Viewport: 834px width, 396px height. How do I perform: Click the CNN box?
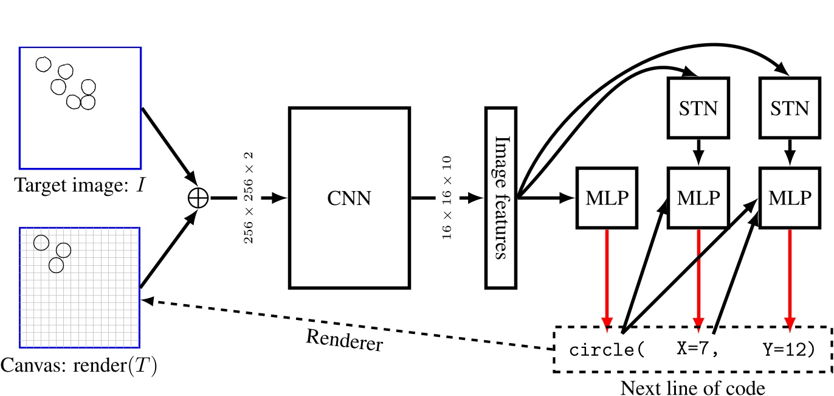pyautogui.click(x=350, y=198)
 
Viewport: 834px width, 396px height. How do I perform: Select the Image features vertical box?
pyautogui.click(x=500, y=198)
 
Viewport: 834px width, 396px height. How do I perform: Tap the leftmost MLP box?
pyautogui.click(x=606, y=198)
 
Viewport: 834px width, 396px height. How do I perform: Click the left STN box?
pyautogui.click(x=698, y=108)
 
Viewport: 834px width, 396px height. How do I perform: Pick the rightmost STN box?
pyautogui.click(x=790, y=108)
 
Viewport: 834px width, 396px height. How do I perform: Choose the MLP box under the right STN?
pyautogui.click(x=790, y=198)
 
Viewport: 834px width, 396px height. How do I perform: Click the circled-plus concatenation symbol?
pyautogui.click(x=198, y=198)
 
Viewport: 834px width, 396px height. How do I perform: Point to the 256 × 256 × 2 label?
pyautogui.click(x=249, y=198)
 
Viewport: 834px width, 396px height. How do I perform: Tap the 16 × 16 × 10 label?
pyautogui.click(x=447, y=198)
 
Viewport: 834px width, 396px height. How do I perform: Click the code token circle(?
pyautogui.click(x=605, y=351)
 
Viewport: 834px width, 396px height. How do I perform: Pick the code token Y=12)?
pyautogui.click(x=788, y=350)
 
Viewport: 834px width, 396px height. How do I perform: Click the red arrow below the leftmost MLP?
pyautogui.click(x=606, y=280)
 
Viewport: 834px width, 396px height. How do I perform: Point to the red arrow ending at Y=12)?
pyautogui.click(x=790, y=280)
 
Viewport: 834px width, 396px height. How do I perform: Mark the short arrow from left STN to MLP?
pyautogui.click(x=698, y=151)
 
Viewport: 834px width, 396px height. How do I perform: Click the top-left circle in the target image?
pyautogui.click(x=43, y=64)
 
